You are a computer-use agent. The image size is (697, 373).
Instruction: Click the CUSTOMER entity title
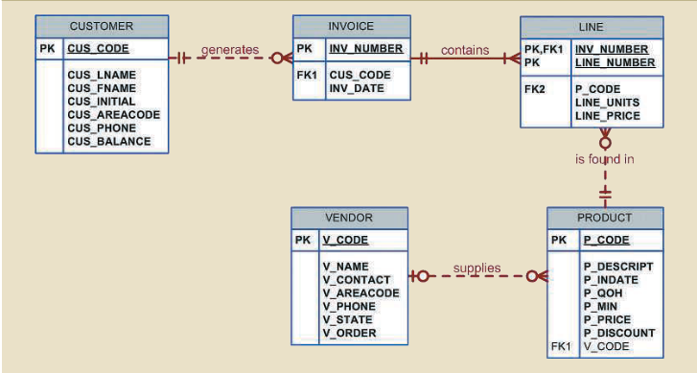click(x=102, y=26)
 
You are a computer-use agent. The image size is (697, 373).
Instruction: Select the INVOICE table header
click(x=351, y=26)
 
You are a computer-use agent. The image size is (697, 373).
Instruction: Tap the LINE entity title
click(x=591, y=27)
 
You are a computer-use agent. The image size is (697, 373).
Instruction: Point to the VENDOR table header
click(x=349, y=218)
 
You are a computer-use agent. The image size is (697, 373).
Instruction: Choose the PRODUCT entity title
click(x=604, y=218)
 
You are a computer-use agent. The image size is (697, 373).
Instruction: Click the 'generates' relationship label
click(x=229, y=50)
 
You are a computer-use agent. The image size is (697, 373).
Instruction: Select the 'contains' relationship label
click(x=465, y=50)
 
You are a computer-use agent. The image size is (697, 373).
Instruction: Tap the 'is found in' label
click(x=604, y=159)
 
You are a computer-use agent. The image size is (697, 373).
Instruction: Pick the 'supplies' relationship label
click(x=476, y=268)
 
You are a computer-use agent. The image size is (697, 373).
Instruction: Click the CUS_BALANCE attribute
click(x=108, y=142)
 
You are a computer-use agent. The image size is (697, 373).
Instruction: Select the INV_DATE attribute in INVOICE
click(x=357, y=88)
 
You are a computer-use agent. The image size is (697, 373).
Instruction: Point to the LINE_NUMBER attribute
click(x=615, y=62)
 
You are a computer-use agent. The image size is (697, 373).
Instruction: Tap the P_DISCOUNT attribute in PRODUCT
click(x=618, y=333)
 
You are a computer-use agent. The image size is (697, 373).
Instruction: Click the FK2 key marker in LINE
click(x=534, y=88)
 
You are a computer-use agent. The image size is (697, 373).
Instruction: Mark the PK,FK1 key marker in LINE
click(x=543, y=49)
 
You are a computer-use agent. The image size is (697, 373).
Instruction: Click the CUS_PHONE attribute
click(x=103, y=128)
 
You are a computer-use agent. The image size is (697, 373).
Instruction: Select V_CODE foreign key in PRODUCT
click(x=607, y=346)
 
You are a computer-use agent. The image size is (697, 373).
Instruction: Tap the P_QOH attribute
click(x=603, y=292)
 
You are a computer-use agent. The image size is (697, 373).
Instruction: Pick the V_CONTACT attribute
click(x=357, y=279)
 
